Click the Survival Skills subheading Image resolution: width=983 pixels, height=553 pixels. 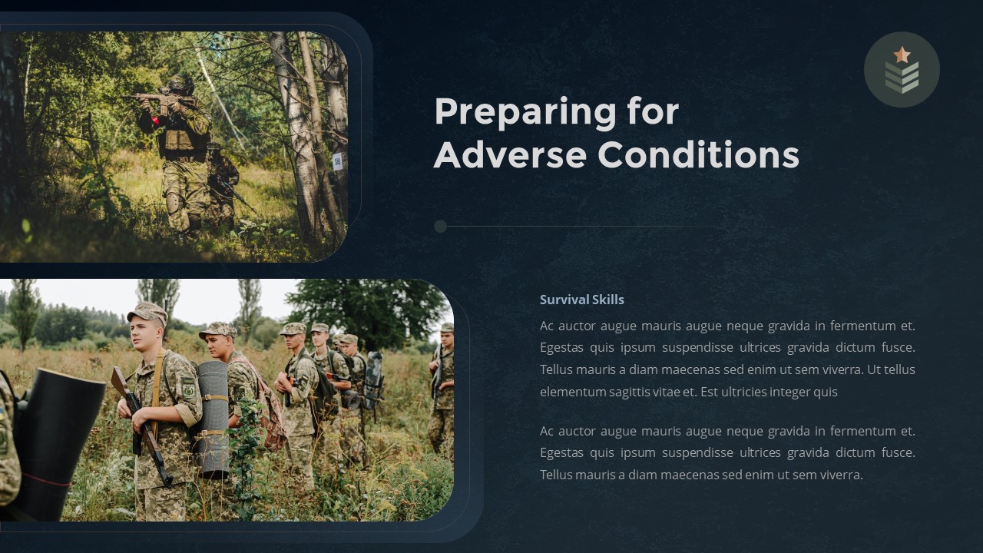tap(581, 300)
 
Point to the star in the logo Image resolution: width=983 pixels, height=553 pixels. tap(902, 55)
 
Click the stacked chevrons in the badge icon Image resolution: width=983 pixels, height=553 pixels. tap(902, 78)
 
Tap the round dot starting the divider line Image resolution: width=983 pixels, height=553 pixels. tap(440, 226)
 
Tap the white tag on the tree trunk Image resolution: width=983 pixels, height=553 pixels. tap(337, 161)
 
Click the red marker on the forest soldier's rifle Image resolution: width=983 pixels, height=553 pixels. tap(156, 121)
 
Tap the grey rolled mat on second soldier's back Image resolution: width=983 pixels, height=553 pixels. tap(213, 419)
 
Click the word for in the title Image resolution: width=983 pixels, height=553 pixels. tap(653, 112)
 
